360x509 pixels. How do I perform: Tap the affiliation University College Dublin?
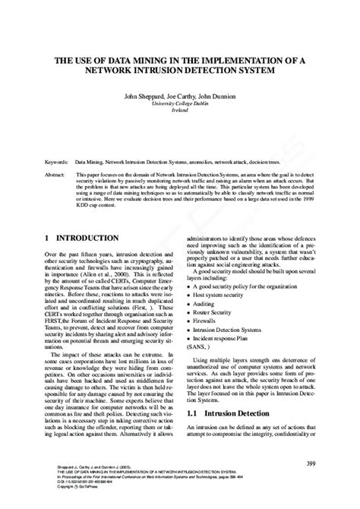pyautogui.click(x=179, y=104)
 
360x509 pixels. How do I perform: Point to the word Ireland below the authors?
pyautogui.click(x=179, y=111)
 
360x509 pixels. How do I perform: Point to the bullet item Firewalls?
pyautogui.click(x=212, y=322)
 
